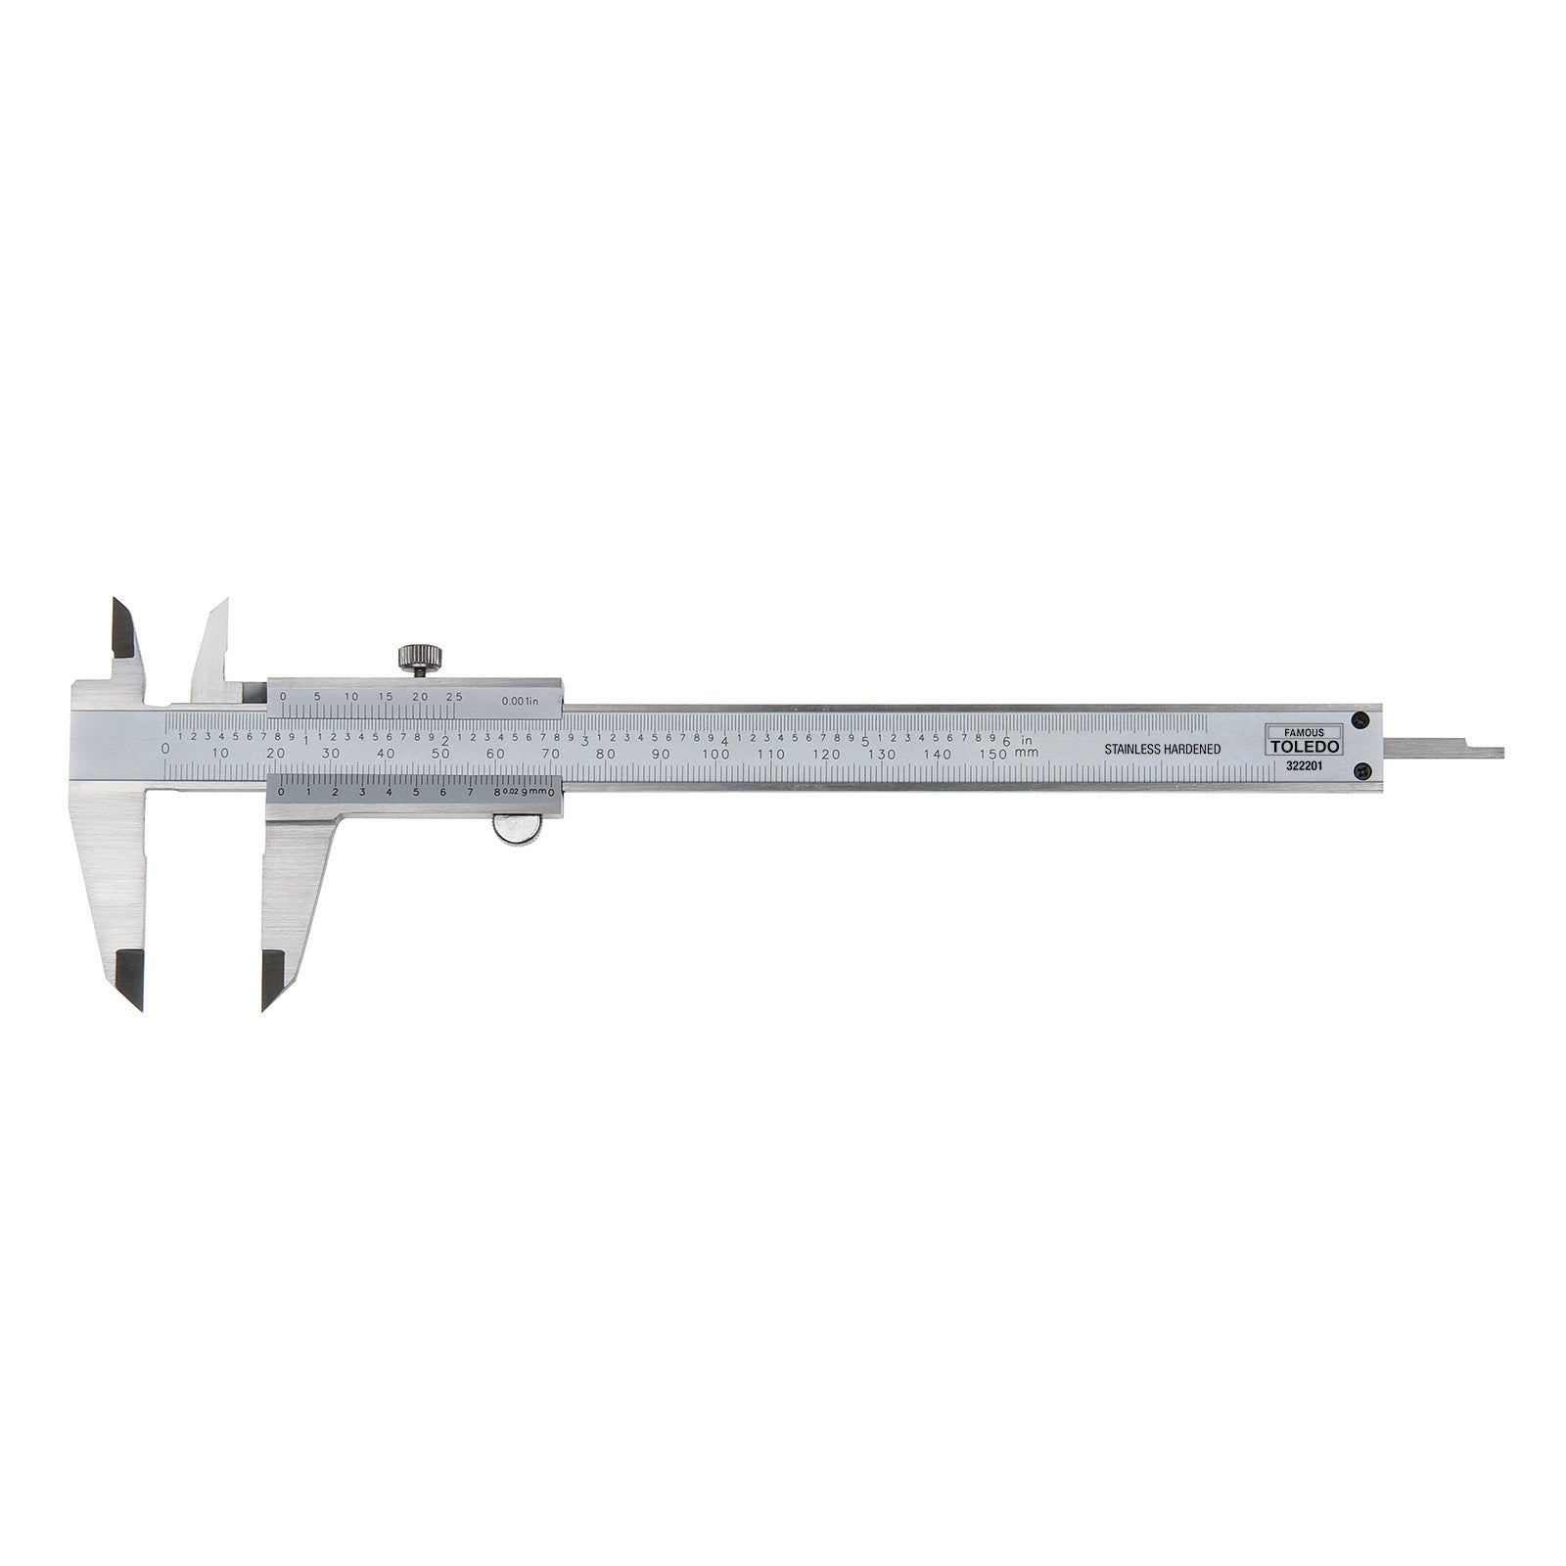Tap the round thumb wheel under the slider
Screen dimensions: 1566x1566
[x=516, y=830]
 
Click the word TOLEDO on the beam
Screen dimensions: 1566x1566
[x=1304, y=746]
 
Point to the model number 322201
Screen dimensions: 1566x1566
[x=1305, y=766]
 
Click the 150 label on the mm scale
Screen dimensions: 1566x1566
[x=993, y=754]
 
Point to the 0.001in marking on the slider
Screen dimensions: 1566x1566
[x=518, y=701]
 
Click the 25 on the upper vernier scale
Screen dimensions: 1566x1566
[x=454, y=696]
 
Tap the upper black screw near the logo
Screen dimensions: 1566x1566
[x=1358, y=719]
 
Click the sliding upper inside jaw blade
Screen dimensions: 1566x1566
[x=211, y=646]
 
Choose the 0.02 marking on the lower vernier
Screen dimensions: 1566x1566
[x=510, y=792]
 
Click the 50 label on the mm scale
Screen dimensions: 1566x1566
[x=441, y=754]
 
